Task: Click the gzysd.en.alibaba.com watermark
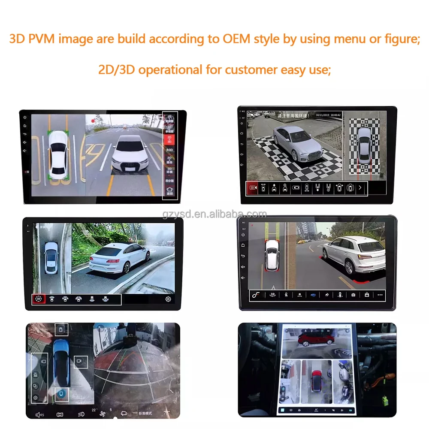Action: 214,214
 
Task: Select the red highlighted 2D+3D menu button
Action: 169,139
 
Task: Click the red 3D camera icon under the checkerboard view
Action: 253,188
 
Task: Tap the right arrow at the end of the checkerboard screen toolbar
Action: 360,188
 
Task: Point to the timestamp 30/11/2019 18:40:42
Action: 328,115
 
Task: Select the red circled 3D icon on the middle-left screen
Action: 39,299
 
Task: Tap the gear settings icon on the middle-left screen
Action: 168,299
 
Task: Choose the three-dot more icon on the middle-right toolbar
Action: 380,295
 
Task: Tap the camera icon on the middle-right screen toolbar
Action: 353,295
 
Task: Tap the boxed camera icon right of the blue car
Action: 80,362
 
